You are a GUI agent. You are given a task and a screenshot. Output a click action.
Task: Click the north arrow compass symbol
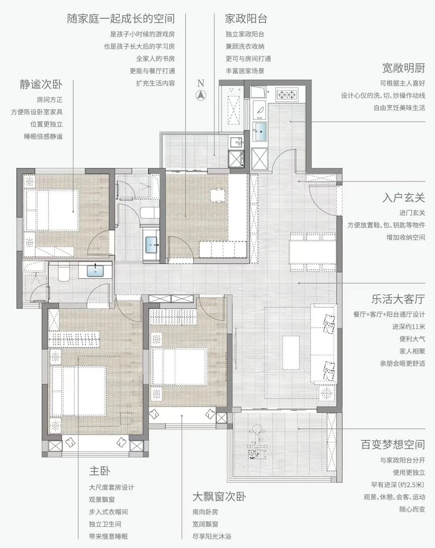click(201, 95)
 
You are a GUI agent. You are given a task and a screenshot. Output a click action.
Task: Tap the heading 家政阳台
click(246, 19)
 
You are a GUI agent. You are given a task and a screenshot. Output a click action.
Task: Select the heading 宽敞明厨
click(404, 68)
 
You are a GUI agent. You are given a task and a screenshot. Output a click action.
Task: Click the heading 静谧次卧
click(41, 84)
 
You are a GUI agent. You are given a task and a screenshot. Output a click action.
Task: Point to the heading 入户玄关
click(404, 198)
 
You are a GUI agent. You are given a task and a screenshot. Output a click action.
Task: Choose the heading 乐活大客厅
click(398, 299)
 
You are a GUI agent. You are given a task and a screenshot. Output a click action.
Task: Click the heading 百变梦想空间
click(393, 445)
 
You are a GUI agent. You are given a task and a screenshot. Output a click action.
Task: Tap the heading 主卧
click(99, 471)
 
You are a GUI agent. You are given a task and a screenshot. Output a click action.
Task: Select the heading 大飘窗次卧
click(219, 496)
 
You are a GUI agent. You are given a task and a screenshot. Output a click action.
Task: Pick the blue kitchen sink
click(260, 130)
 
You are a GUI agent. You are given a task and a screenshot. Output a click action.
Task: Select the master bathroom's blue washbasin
click(95, 270)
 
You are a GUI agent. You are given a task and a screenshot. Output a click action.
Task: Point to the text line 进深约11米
click(408, 327)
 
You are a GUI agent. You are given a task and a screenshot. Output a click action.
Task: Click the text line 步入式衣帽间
click(108, 512)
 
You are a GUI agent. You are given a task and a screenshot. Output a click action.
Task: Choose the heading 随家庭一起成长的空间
click(121, 19)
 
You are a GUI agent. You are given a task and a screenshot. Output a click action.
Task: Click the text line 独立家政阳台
click(245, 34)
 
